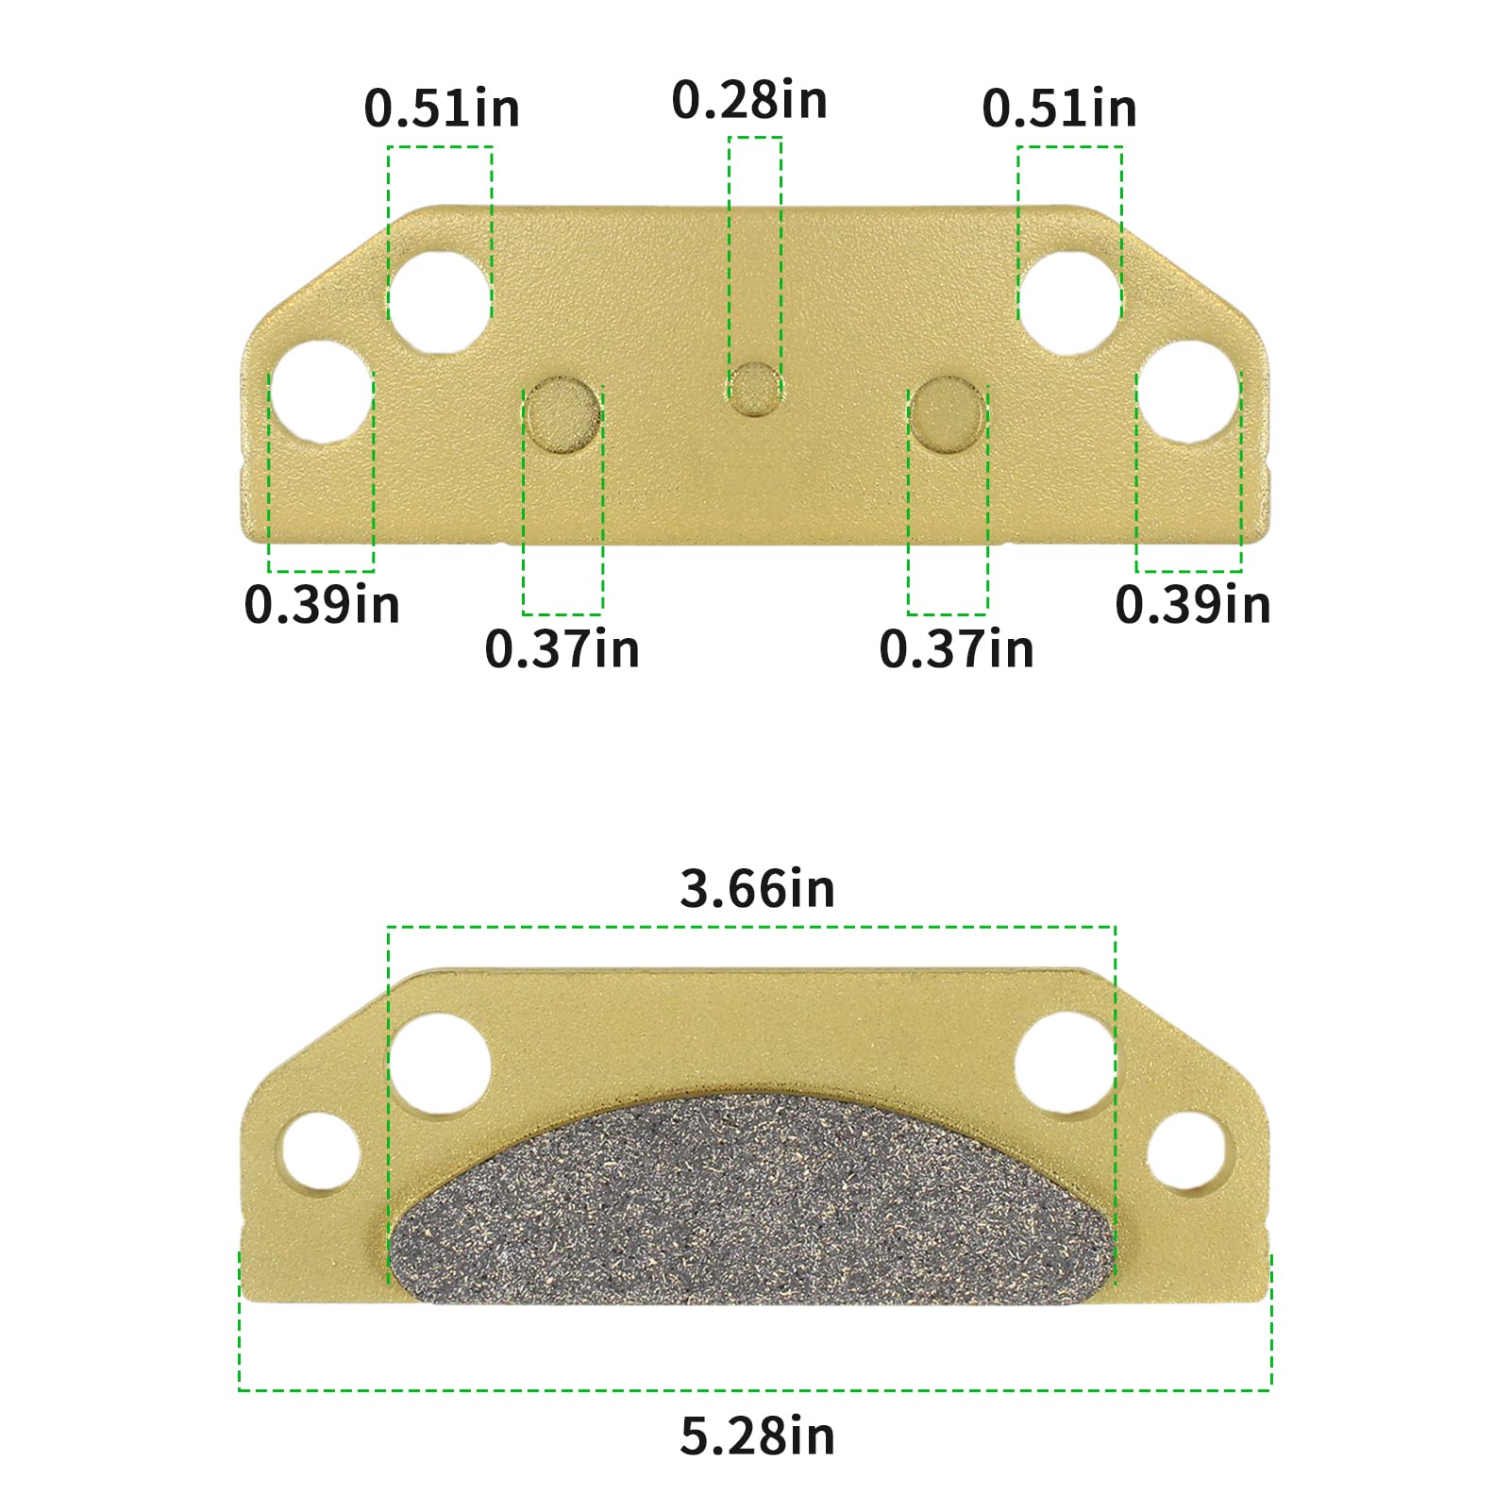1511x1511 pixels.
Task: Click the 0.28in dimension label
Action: tap(749, 100)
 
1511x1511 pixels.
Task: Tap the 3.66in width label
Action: tap(757, 889)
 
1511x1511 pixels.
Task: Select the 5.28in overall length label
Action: tap(757, 1436)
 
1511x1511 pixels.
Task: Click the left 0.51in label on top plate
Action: tap(442, 108)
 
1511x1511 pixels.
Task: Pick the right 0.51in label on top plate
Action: tap(1059, 108)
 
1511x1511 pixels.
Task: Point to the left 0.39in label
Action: tap(322, 604)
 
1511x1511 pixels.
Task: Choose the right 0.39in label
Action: tap(1193, 604)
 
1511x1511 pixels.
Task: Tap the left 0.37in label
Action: tap(562, 649)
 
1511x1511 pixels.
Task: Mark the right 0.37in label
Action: tap(956, 649)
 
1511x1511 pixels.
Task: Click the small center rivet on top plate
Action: tap(754, 389)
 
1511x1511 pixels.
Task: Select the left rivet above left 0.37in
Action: tap(562, 414)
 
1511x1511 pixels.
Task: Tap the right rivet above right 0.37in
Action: tap(948, 414)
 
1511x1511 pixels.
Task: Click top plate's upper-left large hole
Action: tap(439, 302)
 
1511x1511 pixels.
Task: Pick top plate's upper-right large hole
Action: tap(1069, 302)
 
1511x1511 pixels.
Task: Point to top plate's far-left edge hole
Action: tap(321, 393)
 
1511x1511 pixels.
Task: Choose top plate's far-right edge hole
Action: tap(1188, 393)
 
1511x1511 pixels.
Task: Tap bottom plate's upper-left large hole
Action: tap(439, 1064)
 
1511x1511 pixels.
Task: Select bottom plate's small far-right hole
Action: tap(1185, 1153)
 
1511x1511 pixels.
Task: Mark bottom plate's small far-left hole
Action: tap(321, 1153)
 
